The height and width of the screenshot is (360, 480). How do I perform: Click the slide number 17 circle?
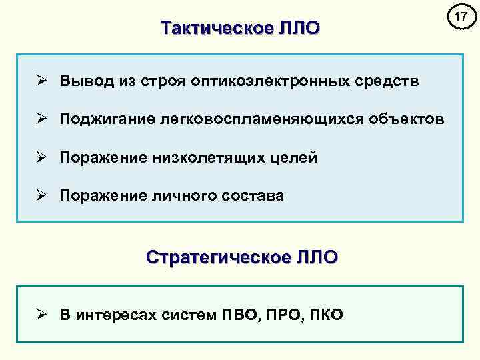click(458, 17)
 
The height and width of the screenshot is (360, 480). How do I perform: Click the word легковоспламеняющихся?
click(267, 119)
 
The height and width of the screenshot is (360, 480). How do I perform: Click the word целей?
click(294, 158)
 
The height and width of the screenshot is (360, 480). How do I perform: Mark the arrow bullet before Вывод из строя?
click(42, 81)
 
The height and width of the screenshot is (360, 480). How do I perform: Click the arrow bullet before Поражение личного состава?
click(42, 196)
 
